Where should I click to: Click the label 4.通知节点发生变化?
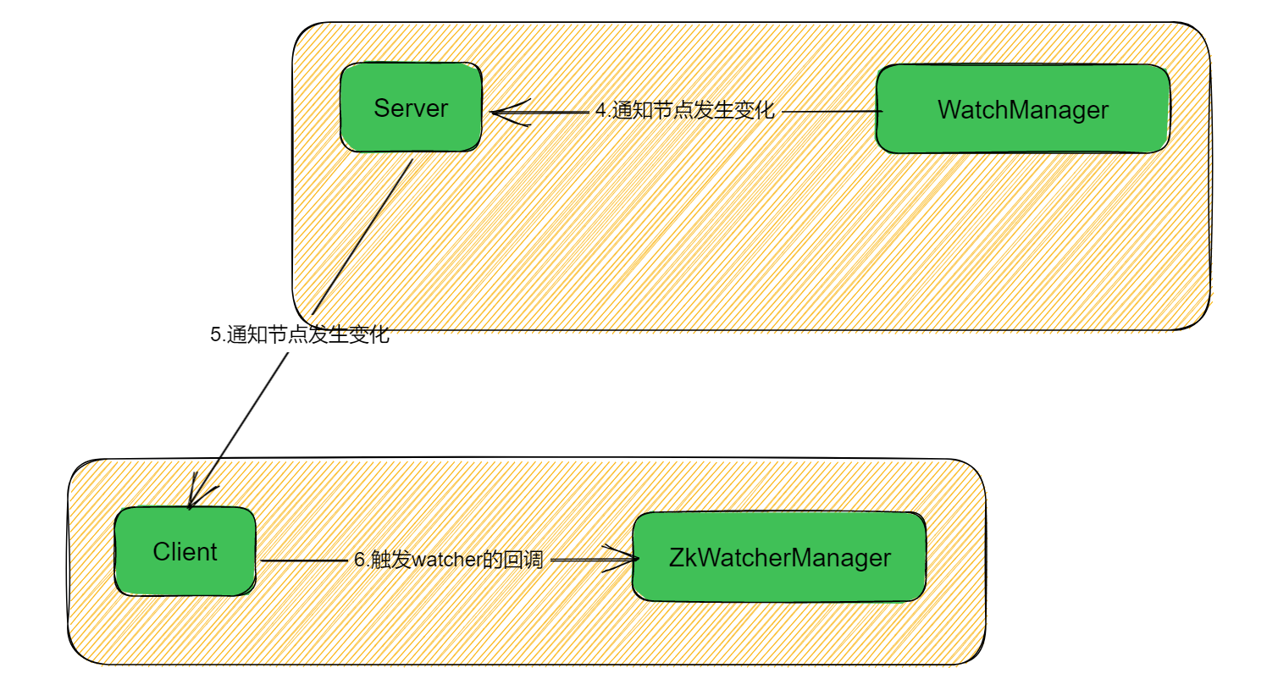click(x=684, y=110)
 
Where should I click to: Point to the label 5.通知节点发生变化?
click(x=300, y=334)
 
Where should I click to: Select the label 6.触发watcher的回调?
click(x=448, y=560)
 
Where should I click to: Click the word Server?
click(x=411, y=108)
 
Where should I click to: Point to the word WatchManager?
click(x=1023, y=110)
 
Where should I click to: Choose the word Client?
click(x=185, y=552)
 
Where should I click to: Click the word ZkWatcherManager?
click(x=779, y=558)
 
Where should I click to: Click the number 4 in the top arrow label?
click(x=600, y=110)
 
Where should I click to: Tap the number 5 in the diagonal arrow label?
click(x=215, y=334)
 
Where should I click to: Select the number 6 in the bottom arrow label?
click(x=359, y=560)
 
